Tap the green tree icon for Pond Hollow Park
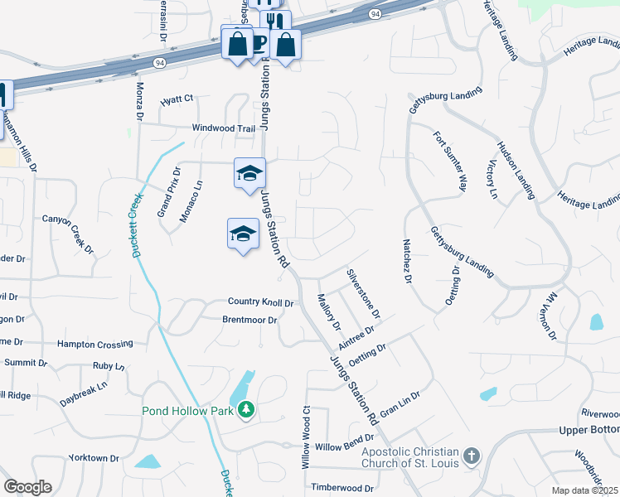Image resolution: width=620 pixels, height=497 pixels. pos(245,409)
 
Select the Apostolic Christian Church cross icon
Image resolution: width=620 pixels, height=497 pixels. pos(471,456)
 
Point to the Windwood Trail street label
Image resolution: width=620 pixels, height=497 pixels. pos(224,128)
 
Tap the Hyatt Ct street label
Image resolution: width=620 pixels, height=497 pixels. pos(177,99)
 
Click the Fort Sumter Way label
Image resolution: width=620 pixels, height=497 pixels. pos(451,161)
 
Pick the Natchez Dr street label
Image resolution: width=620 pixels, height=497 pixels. pos(407,262)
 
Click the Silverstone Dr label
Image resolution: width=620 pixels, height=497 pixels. pos(363,292)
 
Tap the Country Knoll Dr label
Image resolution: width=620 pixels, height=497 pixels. pos(260,303)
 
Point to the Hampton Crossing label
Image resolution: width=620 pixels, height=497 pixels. pos(94,344)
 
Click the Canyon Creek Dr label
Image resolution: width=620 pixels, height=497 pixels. pos(68,232)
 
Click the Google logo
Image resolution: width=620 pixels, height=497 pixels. pos(27,487)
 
